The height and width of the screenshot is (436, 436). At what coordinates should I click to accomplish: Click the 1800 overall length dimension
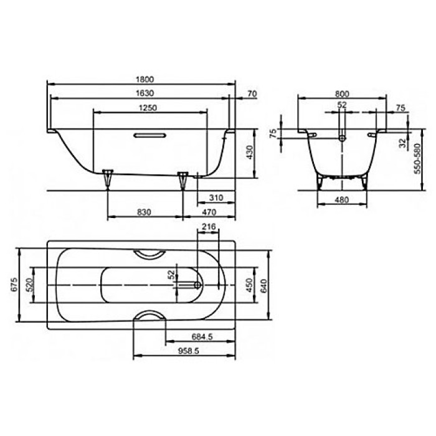[143, 79]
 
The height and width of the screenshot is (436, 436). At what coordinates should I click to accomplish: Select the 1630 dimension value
[143, 93]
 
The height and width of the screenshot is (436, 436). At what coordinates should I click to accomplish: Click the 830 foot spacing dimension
[144, 213]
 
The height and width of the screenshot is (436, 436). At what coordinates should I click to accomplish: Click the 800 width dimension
[342, 93]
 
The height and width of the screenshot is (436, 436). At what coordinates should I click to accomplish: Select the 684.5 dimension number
[201, 337]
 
